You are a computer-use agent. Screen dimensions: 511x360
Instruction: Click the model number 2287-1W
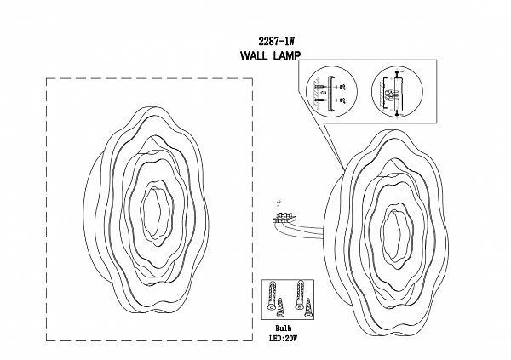coord(276,42)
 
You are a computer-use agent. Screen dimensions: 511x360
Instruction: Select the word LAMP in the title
coord(286,55)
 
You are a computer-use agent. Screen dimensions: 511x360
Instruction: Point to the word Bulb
coord(284,329)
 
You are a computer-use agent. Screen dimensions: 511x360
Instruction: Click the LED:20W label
coord(284,338)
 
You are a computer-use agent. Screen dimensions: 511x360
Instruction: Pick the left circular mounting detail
coord(331,91)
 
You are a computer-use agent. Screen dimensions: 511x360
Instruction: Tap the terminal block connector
coord(284,218)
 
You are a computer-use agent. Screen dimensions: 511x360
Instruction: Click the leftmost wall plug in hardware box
coord(271,296)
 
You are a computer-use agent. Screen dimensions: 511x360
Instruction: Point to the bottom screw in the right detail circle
coord(397,113)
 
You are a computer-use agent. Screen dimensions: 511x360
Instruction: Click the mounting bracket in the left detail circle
coord(330,94)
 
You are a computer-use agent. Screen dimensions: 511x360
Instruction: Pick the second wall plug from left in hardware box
coord(297,294)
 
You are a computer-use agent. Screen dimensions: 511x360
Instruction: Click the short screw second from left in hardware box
coord(279,309)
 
